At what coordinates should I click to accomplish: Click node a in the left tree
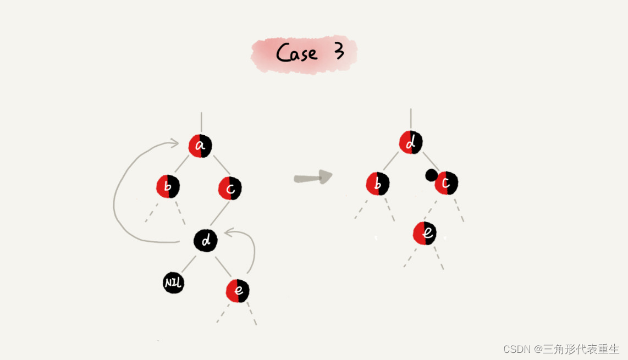[200, 146]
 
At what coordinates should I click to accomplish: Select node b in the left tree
[168, 187]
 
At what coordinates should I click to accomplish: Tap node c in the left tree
[230, 189]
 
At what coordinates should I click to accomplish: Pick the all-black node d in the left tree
[206, 241]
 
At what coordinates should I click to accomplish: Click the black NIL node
[174, 283]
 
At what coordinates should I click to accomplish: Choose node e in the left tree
[238, 291]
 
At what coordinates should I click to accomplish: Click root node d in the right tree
[411, 143]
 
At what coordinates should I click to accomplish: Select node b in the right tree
[378, 184]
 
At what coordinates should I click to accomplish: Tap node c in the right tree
[447, 183]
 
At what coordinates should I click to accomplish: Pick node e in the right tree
[425, 234]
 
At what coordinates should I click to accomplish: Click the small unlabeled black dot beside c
[431, 175]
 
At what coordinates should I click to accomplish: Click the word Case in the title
[296, 53]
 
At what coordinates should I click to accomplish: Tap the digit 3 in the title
[339, 51]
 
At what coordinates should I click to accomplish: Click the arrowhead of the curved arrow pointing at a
[174, 143]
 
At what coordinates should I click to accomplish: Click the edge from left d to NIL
[188, 264]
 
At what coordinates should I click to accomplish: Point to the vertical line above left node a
[201, 122]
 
